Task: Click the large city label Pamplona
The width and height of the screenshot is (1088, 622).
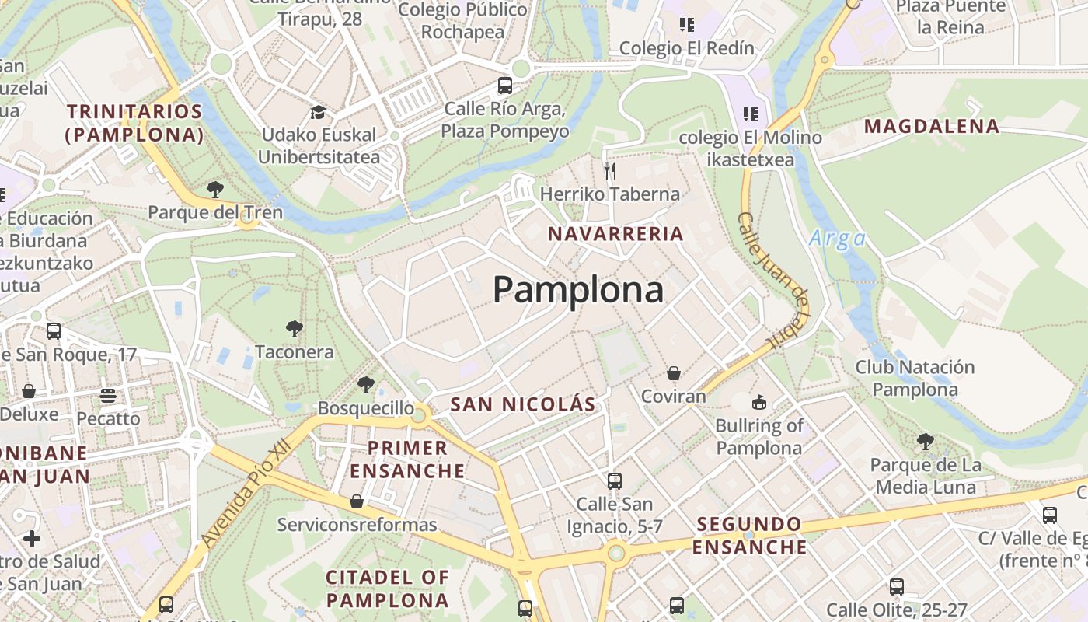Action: click(x=578, y=290)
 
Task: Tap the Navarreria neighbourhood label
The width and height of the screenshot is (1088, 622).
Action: click(x=615, y=233)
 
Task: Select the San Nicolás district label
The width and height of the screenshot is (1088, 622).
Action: click(x=523, y=404)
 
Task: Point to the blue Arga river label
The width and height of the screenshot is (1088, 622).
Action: click(x=837, y=238)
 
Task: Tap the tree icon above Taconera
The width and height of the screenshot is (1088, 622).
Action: click(x=294, y=329)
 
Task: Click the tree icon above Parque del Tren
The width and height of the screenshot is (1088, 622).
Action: click(x=215, y=189)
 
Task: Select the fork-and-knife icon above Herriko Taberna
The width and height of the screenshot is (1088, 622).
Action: click(x=610, y=170)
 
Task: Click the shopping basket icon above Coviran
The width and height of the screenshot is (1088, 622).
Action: click(x=673, y=373)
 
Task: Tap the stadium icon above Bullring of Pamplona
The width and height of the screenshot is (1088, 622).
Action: click(x=759, y=402)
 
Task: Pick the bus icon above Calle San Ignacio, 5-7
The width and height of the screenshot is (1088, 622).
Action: click(x=615, y=481)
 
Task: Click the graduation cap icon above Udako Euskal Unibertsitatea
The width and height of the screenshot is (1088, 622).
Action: click(x=317, y=112)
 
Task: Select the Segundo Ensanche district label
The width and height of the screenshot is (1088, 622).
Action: click(x=749, y=535)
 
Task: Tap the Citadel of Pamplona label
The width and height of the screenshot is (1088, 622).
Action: click(x=387, y=589)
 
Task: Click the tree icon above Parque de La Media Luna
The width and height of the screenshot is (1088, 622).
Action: click(x=925, y=442)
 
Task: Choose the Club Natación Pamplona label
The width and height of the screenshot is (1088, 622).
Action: click(x=915, y=378)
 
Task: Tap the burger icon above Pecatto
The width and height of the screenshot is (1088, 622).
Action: click(x=108, y=396)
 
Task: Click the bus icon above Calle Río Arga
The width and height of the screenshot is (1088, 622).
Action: click(x=505, y=86)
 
